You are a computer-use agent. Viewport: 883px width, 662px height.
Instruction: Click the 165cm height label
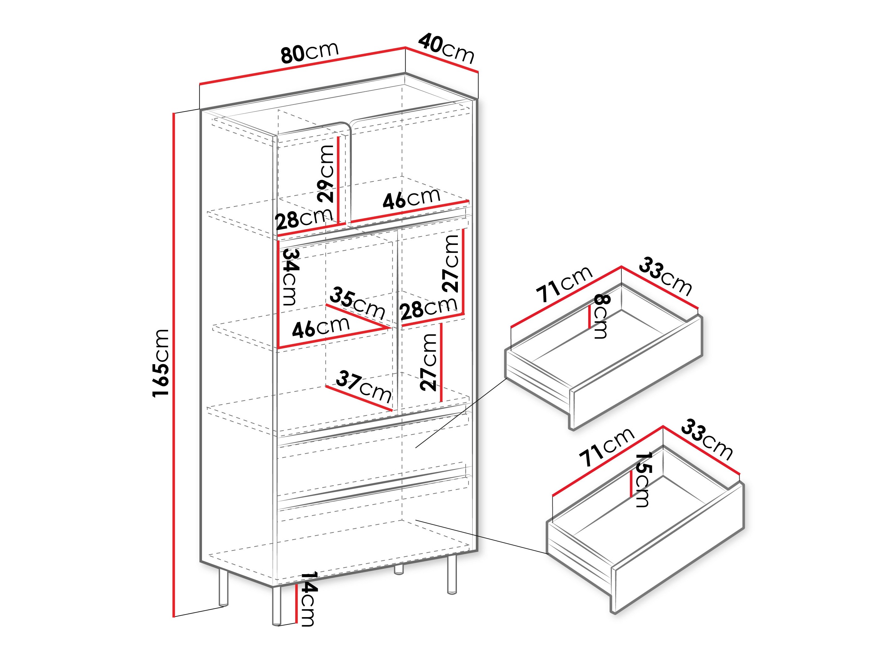161,363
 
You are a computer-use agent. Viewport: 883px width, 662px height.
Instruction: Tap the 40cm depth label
446,49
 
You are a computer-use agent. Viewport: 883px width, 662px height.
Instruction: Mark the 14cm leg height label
308,599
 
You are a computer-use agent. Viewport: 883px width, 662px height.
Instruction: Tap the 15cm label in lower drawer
642,479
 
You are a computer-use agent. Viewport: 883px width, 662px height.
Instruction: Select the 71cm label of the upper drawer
564,284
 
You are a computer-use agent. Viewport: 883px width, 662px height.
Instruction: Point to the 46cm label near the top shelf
411,198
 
